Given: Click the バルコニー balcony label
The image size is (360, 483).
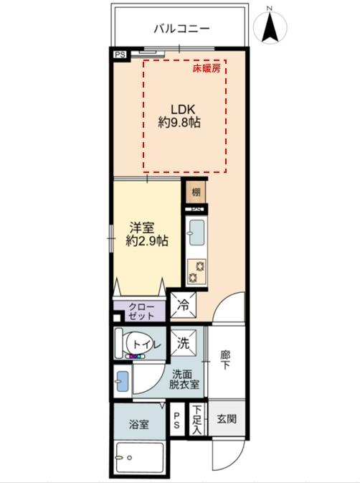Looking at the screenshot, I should pos(181,29).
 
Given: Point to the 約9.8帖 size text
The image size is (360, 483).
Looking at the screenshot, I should pos(179,123).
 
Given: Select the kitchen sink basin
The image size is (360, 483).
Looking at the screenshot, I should pos(196,233).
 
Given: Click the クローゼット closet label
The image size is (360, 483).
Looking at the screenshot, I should pos(141,311).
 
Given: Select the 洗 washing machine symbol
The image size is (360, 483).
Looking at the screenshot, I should pos(184,343).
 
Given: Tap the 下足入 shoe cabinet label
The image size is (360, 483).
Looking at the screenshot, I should pos(196,419).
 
